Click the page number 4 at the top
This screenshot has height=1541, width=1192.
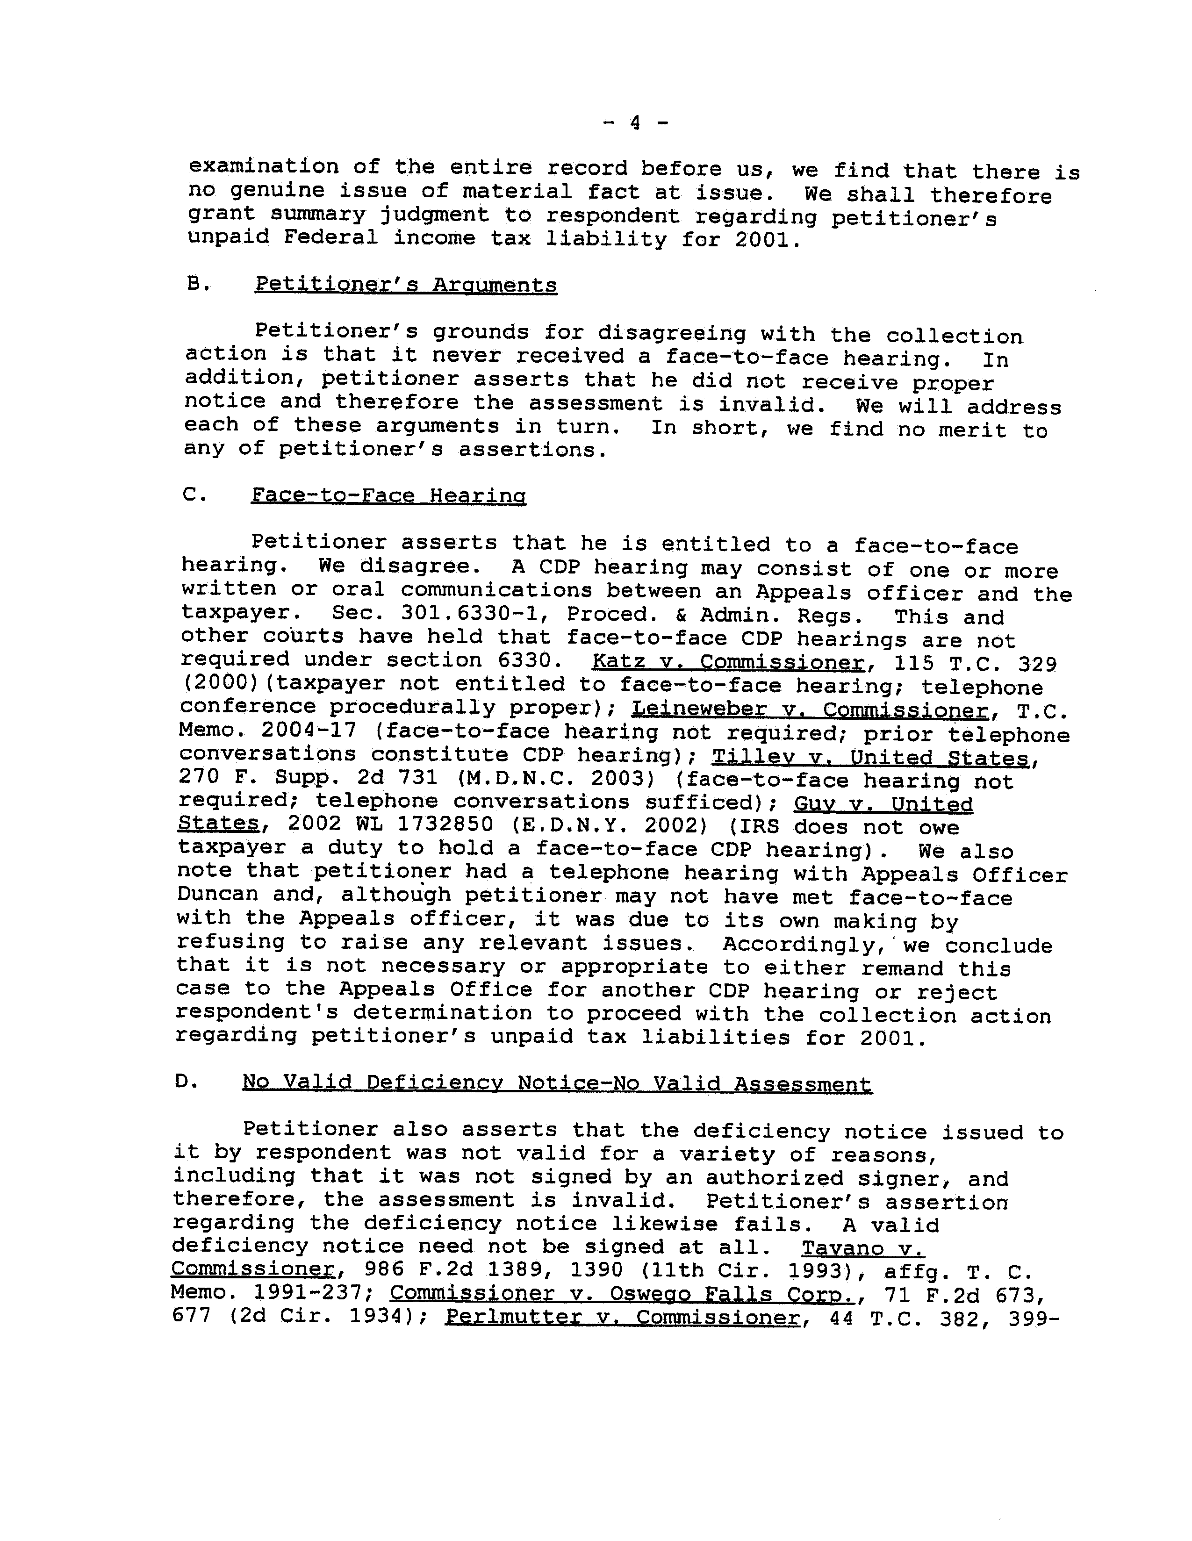(634, 123)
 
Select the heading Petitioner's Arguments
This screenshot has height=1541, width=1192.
(406, 285)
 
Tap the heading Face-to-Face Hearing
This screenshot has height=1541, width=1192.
(388, 495)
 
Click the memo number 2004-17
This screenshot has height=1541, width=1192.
(309, 731)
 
